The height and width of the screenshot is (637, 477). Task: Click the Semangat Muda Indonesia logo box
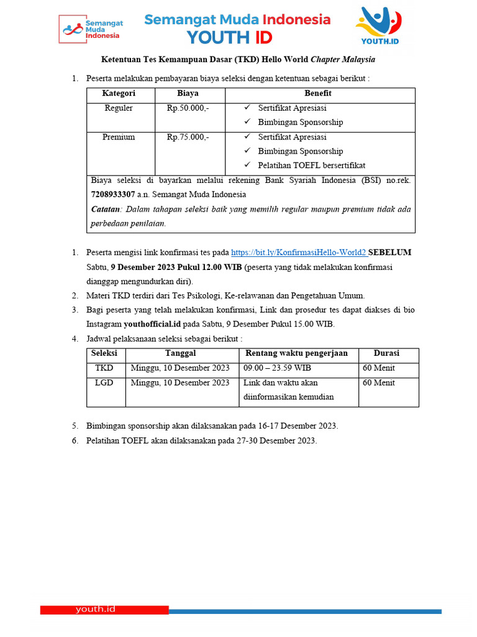[91, 29]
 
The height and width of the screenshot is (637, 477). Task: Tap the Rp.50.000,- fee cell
[188, 108]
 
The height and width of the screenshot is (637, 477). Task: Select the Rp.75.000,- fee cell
[188, 137]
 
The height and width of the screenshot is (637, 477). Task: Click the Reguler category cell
[119, 108]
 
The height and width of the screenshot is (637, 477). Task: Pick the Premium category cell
[119, 137]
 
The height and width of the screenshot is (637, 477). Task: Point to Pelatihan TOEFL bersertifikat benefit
[312, 165]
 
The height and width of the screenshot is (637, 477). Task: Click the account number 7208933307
[112, 194]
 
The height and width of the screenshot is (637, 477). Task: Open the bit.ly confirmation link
[298, 253]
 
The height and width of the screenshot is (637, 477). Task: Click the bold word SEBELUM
[389, 253]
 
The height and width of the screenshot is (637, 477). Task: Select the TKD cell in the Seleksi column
[104, 368]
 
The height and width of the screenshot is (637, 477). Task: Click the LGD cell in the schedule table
[104, 383]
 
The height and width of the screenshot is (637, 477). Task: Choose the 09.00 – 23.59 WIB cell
[277, 368]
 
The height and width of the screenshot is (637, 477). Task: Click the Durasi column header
[386, 353]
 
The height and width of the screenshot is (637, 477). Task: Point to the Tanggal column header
[180, 353]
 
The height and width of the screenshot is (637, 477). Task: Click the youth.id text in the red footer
[95, 609]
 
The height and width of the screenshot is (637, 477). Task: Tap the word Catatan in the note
[105, 209]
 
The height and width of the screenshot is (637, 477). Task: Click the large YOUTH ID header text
[229, 37]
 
